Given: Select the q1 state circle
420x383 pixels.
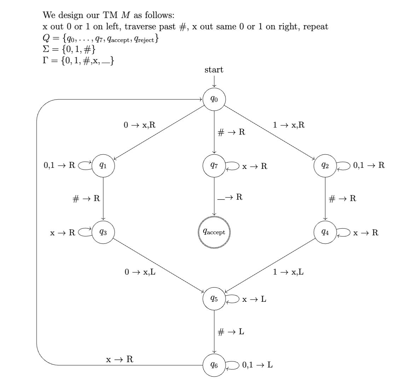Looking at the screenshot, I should pyautogui.click(x=103, y=165).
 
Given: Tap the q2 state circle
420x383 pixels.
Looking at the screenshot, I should pyautogui.click(x=325, y=165).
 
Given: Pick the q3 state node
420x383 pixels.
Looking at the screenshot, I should pyautogui.click(x=103, y=232).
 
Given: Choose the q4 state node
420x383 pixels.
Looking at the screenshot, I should pyautogui.click(x=325, y=232).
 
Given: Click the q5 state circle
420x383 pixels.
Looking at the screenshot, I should pyautogui.click(x=214, y=299).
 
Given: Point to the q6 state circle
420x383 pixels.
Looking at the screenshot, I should pyautogui.click(x=214, y=365).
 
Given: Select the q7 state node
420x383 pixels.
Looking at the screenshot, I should pyautogui.click(x=214, y=165).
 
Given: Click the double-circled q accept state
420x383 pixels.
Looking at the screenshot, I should pyautogui.click(x=214, y=232).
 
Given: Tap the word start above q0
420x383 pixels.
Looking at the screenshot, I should pyautogui.click(x=214, y=70).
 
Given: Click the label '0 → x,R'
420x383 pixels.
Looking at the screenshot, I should pyautogui.click(x=140, y=125).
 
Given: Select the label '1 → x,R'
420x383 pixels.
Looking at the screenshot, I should pyautogui.click(x=288, y=125).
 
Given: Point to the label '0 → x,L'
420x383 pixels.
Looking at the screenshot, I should pyautogui.click(x=140, y=272).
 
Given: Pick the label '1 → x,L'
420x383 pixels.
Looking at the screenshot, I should pyautogui.click(x=288, y=272).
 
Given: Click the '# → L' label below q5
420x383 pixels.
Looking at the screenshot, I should pyautogui.click(x=231, y=332).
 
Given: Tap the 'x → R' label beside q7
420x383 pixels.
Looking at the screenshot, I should pyautogui.click(x=255, y=166).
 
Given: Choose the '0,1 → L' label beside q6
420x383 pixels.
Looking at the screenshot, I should pyautogui.click(x=257, y=365).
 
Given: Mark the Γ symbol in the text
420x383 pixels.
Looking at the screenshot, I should pyautogui.click(x=45, y=61).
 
